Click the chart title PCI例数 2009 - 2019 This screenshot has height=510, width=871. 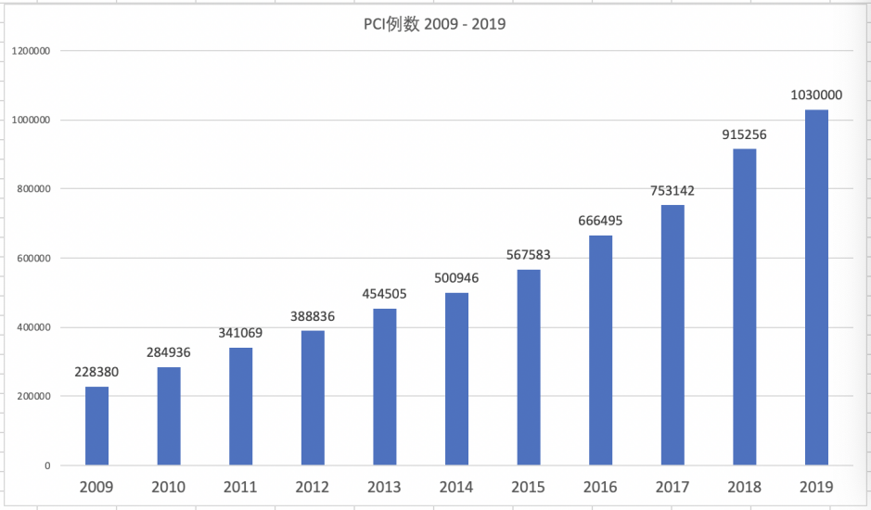(434, 24)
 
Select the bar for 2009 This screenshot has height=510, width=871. (96, 426)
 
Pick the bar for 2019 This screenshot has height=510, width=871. (816, 287)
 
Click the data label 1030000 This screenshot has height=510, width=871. (816, 95)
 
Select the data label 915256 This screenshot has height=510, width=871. (744, 134)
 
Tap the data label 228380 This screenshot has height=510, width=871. (96, 372)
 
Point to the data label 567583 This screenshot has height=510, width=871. (529, 255)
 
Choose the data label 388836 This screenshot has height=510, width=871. (313, 316)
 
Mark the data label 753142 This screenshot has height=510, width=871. (672, 191)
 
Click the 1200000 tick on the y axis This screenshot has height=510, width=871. (32, 51)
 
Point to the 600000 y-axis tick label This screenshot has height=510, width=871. (34, 259)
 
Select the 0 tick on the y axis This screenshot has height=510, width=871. (46, 465)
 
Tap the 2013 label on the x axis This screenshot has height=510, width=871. (384, 487)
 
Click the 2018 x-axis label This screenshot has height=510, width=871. (744, 487)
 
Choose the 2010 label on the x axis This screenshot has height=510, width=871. (169, 487)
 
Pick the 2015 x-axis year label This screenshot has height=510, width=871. (529, 487)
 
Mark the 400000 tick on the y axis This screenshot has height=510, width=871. (34, 327)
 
